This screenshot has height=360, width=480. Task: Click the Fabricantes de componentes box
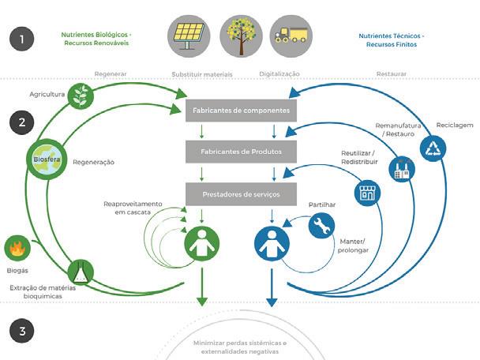(240, 111)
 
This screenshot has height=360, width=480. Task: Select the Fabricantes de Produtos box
(240, 149)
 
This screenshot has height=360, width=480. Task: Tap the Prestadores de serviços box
(240, 192)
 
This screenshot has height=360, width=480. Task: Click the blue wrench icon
(322, 227)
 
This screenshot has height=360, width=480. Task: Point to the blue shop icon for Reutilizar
(365, 193)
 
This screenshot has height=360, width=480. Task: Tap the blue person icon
(270, 244)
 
